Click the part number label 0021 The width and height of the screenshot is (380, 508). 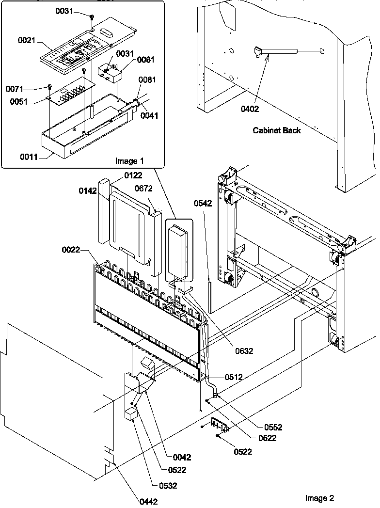point(27,41)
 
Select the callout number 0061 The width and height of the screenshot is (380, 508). point(145,59)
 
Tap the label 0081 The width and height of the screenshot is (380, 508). point(147,80)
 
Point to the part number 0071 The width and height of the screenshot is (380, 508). point(15,89)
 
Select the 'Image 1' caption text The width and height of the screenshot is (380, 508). point(129,161)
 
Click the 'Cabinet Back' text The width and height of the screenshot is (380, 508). point(276,130)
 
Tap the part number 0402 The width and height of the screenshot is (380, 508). point(250,109)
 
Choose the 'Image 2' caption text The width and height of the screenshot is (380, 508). point(319,498)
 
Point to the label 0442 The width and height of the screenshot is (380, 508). point(148,502)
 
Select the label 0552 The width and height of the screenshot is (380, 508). point(273,427)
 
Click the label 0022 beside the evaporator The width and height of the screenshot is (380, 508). point(71,250)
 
